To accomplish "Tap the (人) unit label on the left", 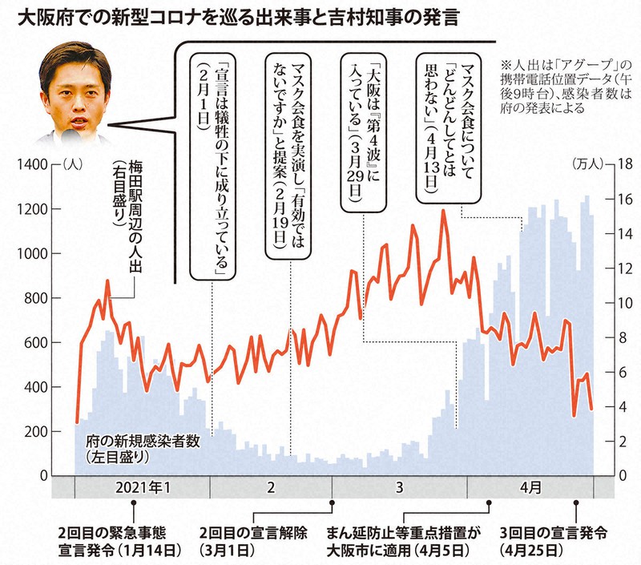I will pos(71,164).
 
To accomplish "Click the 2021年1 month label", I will pos(142,487).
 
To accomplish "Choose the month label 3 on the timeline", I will pos(398,487).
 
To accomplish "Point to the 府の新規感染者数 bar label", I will pos(138,449).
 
